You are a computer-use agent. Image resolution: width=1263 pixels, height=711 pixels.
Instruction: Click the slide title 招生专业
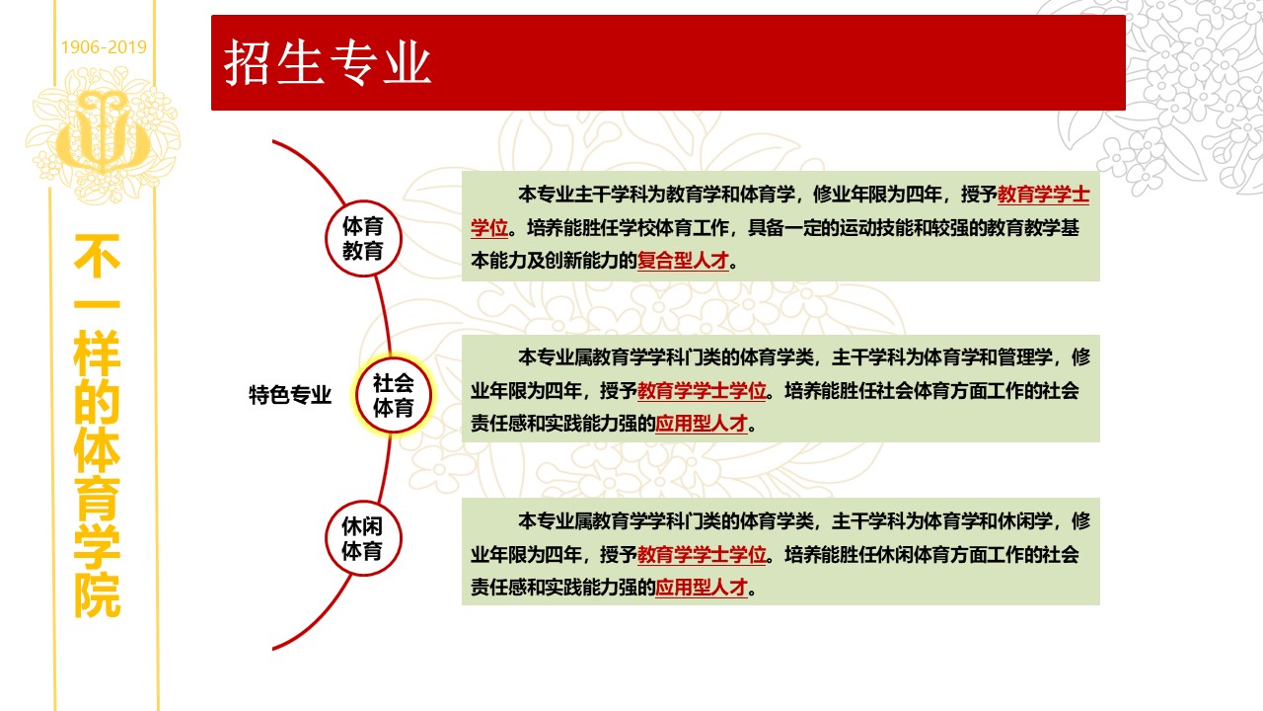coord(327,62)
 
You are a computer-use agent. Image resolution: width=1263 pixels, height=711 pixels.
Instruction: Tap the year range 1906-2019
coord(104,46)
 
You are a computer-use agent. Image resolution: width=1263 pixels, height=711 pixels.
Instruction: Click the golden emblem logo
coord(104,134)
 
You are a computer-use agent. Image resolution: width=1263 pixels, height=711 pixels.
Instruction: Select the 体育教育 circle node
coord(364,239)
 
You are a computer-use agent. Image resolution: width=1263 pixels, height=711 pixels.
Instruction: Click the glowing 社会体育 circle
coord(394,395)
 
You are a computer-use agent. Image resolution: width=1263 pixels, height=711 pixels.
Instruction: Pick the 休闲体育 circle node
coord(364,538)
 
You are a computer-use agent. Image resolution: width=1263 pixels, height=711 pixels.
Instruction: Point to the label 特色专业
coord(290,395)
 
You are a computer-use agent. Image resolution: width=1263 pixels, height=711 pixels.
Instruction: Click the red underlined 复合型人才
coord(683,261)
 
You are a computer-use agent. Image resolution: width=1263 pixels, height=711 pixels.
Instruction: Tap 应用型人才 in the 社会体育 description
coord(702,424)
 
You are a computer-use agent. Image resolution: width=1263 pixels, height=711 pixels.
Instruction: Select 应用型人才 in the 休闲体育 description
coord(702,588)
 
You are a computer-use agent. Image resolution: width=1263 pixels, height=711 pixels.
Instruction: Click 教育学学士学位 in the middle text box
coord(702,390)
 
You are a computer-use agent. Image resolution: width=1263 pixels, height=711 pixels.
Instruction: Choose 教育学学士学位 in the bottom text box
coord(702,555)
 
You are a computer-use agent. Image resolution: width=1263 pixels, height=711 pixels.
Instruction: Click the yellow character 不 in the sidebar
coord(97,256)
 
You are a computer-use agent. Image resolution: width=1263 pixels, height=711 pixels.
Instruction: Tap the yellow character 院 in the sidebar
coord(97,595)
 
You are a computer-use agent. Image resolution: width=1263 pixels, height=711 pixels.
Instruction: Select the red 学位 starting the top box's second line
coord(489,228)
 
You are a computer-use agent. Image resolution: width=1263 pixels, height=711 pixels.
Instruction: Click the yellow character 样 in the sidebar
coord(97,354)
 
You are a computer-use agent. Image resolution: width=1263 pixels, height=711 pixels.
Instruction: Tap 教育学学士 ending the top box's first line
coord(1044,195)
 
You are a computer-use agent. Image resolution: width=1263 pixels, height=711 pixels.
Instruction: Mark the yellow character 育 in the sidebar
coord(97,499)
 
